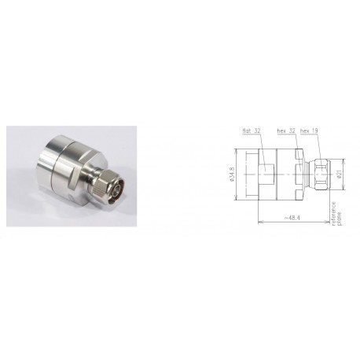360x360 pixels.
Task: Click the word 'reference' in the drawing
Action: [x=332, y=212]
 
